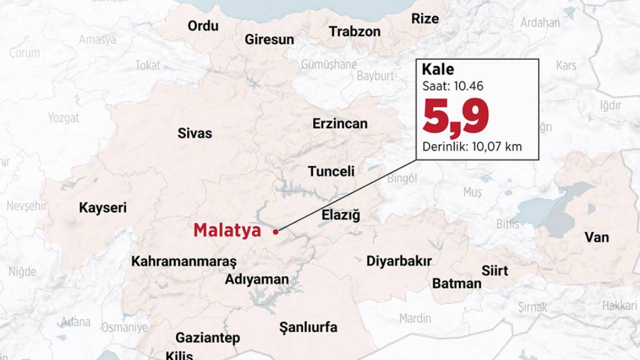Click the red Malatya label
[x=227, y=230]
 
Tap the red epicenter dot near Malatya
[x=275, y=231]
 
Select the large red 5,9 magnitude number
[x=455, y=117]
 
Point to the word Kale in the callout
[x=437, y=69]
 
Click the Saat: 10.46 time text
[x=452, y=86]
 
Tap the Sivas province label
[x=194, y=133]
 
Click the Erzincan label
[x=340, y=123]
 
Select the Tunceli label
[x=331, y=171]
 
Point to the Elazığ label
[x=340, y=215]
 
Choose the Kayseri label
[x=103, y=208]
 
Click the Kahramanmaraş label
[x=183, y=261]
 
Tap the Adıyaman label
[x=256, y=279]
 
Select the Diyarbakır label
[x=398, y=261]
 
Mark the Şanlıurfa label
[x=308, y=328]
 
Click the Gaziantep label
[x=207, y=338]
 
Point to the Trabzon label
[x=354, y=31]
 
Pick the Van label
[x=596, y=237]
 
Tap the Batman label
[x=456, y=283]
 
